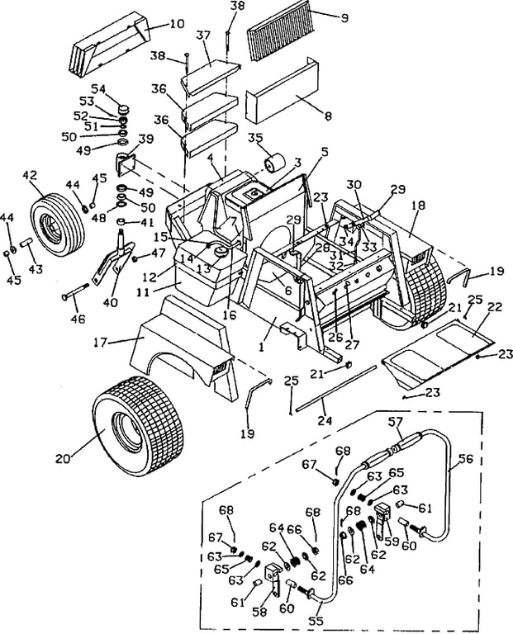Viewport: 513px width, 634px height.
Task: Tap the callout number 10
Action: (x=176, y=23)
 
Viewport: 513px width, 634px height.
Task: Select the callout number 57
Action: (x=395, y=422)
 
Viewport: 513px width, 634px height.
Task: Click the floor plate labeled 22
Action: (x=439, y=348)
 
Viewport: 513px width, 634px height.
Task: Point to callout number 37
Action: (x=204, y=35)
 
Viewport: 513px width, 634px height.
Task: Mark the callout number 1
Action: (x=262, y=347)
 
